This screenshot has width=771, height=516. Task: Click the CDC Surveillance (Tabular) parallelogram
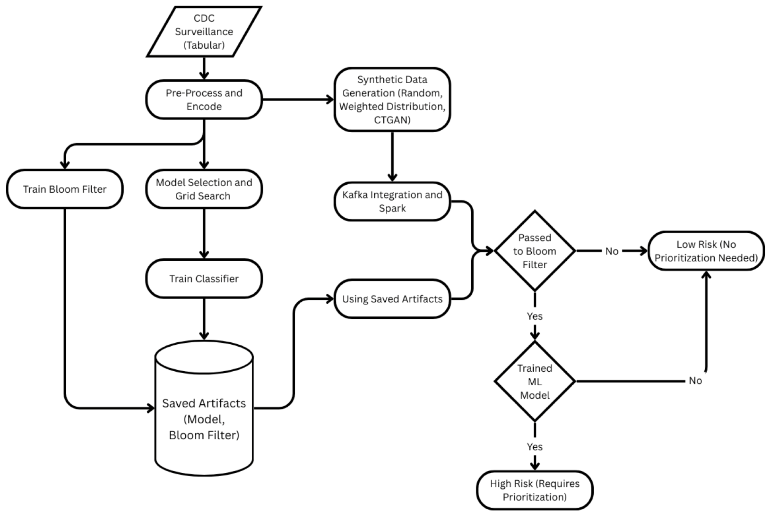(204, 32)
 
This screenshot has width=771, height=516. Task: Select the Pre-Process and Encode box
(204, 99)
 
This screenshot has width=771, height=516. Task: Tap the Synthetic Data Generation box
(392, 99)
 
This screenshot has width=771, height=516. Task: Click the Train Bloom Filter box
(65, 189)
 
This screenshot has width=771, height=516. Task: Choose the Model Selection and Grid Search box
(204, 189)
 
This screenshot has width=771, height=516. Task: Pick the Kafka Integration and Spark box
(392, 201)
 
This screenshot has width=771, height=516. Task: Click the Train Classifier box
(204, 279)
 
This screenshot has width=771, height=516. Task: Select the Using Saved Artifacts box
(392, 299)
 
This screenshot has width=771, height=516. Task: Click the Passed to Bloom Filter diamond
(535, 251)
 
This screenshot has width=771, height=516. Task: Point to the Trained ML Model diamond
(535, 381)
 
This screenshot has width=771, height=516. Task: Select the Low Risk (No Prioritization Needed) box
(706, 251)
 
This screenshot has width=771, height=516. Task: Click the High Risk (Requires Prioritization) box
(535, 490)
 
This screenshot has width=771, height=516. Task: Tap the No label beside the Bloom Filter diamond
(612, 251)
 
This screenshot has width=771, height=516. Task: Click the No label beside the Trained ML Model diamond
(695, 381)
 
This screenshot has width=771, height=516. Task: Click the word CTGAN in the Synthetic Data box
(392, 120)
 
